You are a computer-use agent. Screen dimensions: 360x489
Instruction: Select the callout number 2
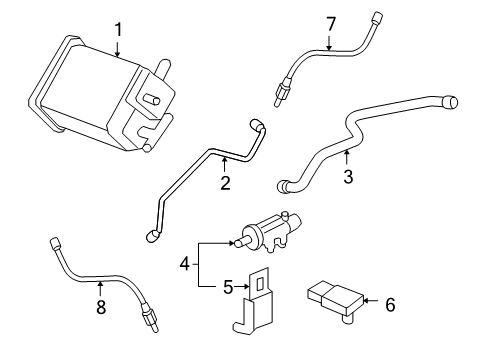click(225, 182)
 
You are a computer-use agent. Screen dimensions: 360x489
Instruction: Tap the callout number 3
click(347, 179)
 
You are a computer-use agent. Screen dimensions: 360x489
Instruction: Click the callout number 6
click(389, 304)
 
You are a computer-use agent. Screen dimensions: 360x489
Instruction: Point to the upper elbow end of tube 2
click(258, 127)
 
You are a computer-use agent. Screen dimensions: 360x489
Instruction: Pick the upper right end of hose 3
click(451, 100)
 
